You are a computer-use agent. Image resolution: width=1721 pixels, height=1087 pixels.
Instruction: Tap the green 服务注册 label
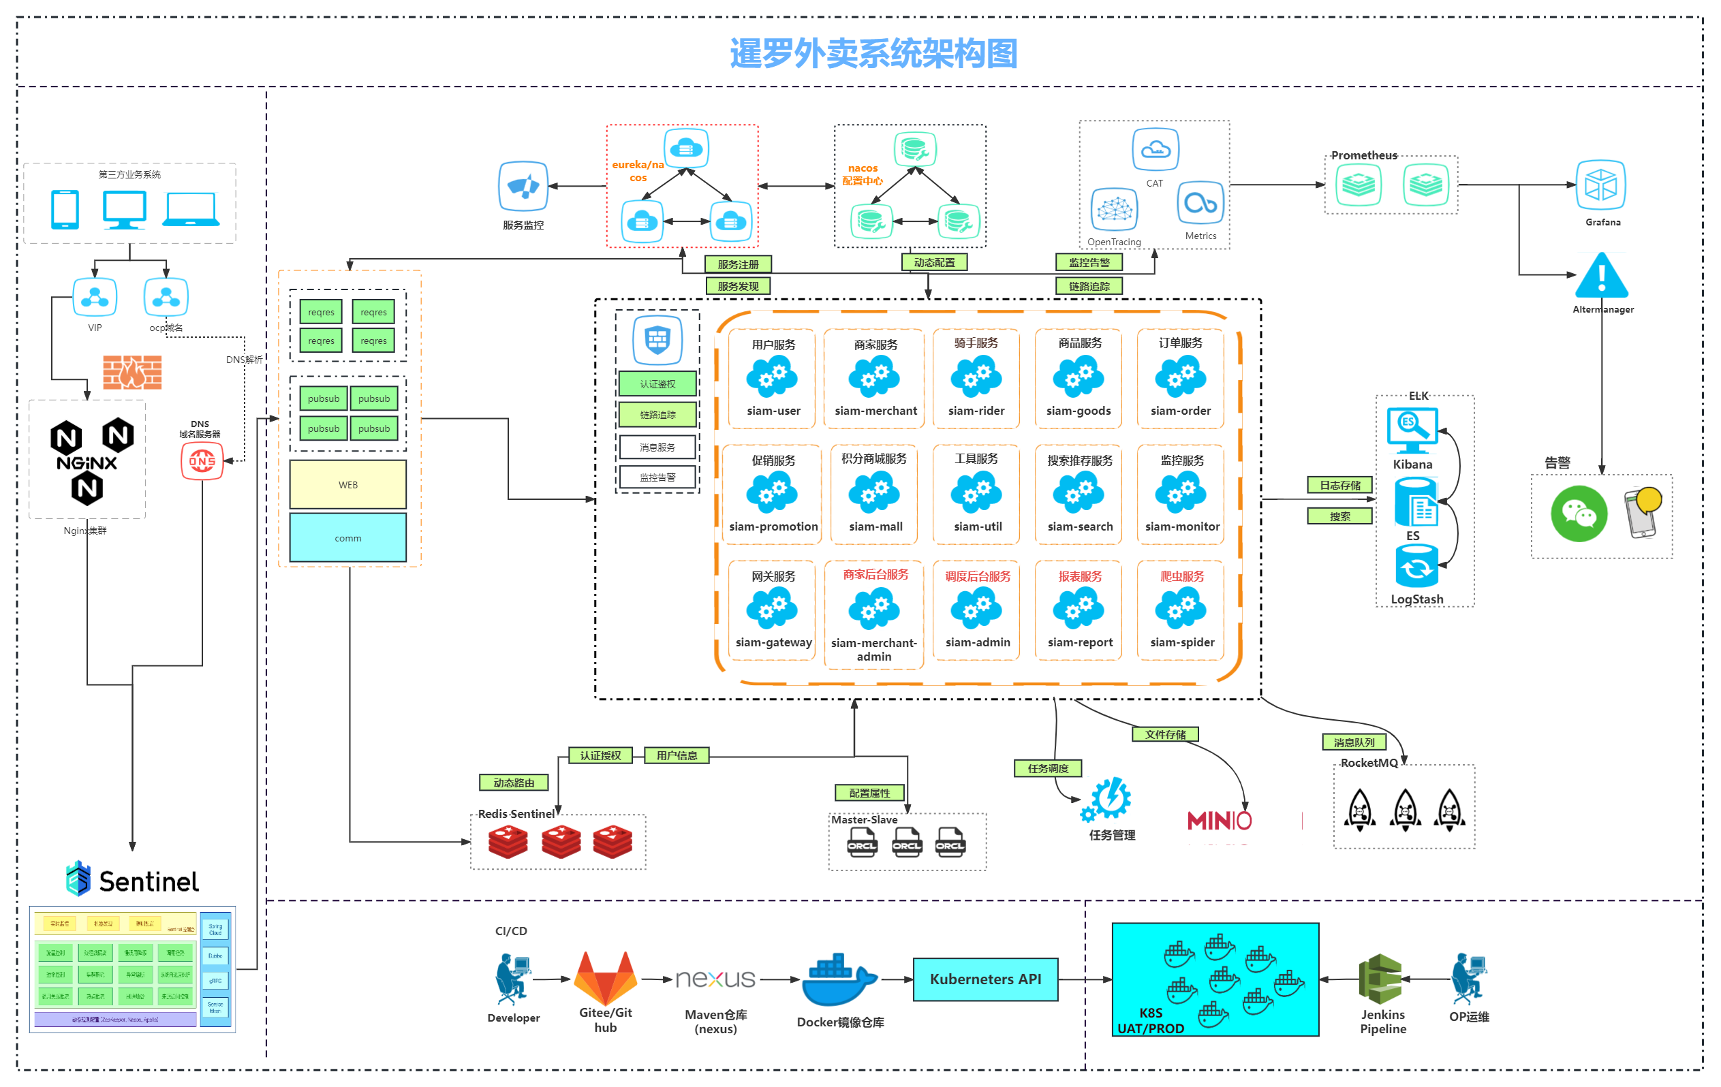[x=738, y=264]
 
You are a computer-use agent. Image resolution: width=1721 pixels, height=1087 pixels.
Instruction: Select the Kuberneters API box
[x=985, y=979]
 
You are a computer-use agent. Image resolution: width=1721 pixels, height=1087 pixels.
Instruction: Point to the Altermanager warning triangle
[x=1601, y=277]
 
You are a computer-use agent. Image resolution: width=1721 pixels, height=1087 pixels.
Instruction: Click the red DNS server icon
[x=202, y=461]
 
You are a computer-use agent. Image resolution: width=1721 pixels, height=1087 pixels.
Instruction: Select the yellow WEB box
[x=348, y=484]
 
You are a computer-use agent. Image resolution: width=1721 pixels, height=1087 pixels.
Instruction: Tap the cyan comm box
[x=348, y=538]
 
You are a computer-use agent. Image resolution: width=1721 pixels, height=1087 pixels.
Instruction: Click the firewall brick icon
[x=132, y=373]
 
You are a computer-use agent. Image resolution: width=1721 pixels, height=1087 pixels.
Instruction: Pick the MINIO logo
[x=1220, y=821]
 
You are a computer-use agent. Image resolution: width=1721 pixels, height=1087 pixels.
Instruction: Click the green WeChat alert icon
[x=1578, y=514]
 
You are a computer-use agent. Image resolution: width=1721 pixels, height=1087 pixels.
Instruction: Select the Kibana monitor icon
[x=1412, y=430]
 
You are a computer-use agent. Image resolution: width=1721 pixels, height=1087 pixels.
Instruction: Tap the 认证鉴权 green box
[x=657, y=383]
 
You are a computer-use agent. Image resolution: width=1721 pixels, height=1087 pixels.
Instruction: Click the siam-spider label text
[x=1182, y=642]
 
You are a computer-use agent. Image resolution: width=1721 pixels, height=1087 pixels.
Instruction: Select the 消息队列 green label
[x=1354, y=742]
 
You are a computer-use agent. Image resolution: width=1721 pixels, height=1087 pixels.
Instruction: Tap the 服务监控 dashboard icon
[x=523, y=187]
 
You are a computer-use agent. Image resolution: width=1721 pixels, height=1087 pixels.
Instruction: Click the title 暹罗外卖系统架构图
[x=873, y=54]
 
